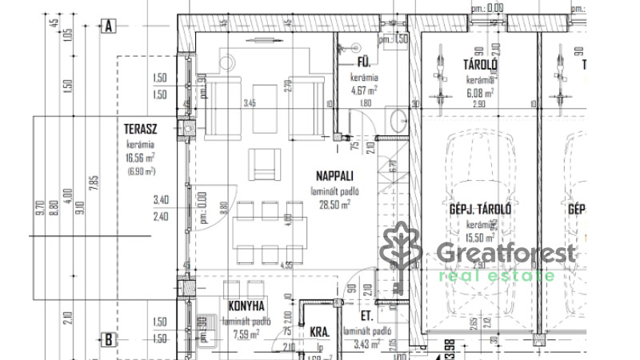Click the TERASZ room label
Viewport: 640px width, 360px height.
[139, 128]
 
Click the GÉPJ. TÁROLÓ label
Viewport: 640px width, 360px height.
[480, 210]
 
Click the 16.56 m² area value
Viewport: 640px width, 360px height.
[140, 157]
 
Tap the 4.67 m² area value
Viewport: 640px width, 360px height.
[363, 90]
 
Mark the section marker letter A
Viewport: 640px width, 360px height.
[108, 26]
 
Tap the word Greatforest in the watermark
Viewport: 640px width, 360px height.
[506, 254]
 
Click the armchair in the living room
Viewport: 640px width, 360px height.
[264, 164]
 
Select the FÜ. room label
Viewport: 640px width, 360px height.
[362, 62]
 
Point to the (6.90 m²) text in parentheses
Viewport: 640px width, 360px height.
[140, 170]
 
